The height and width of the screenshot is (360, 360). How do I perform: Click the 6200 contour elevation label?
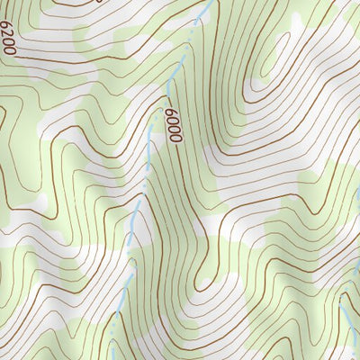pyautogui.click(x=8, y=40)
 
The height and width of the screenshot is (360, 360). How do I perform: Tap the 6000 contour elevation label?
pyautogui.click(x=173, y=126)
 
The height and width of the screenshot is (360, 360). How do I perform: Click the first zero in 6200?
pyautogui.click(x=9, y=44)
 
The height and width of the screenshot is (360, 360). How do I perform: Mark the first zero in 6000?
pyautogui.click(x=172, y=121)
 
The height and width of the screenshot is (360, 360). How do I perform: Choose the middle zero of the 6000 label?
pyautogui.click(x=175, y=130)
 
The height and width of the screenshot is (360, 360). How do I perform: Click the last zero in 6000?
pyautogui.click(x=177, y=138)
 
